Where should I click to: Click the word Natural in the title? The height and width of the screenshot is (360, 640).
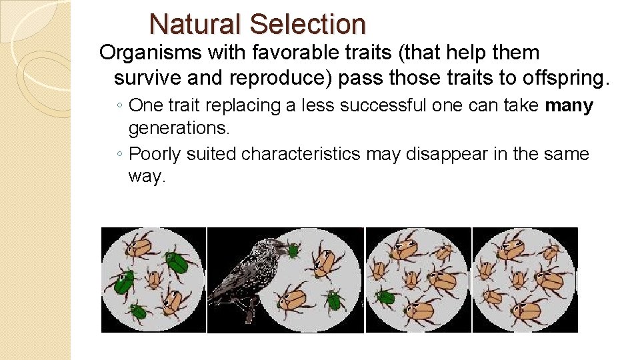[195, 25]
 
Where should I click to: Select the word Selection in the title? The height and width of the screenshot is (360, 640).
[307, 25]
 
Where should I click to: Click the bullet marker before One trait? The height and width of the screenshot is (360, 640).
[118, 106]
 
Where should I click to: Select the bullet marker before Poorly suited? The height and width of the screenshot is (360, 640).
[118, 154]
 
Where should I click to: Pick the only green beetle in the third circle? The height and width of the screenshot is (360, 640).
[385, 296]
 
